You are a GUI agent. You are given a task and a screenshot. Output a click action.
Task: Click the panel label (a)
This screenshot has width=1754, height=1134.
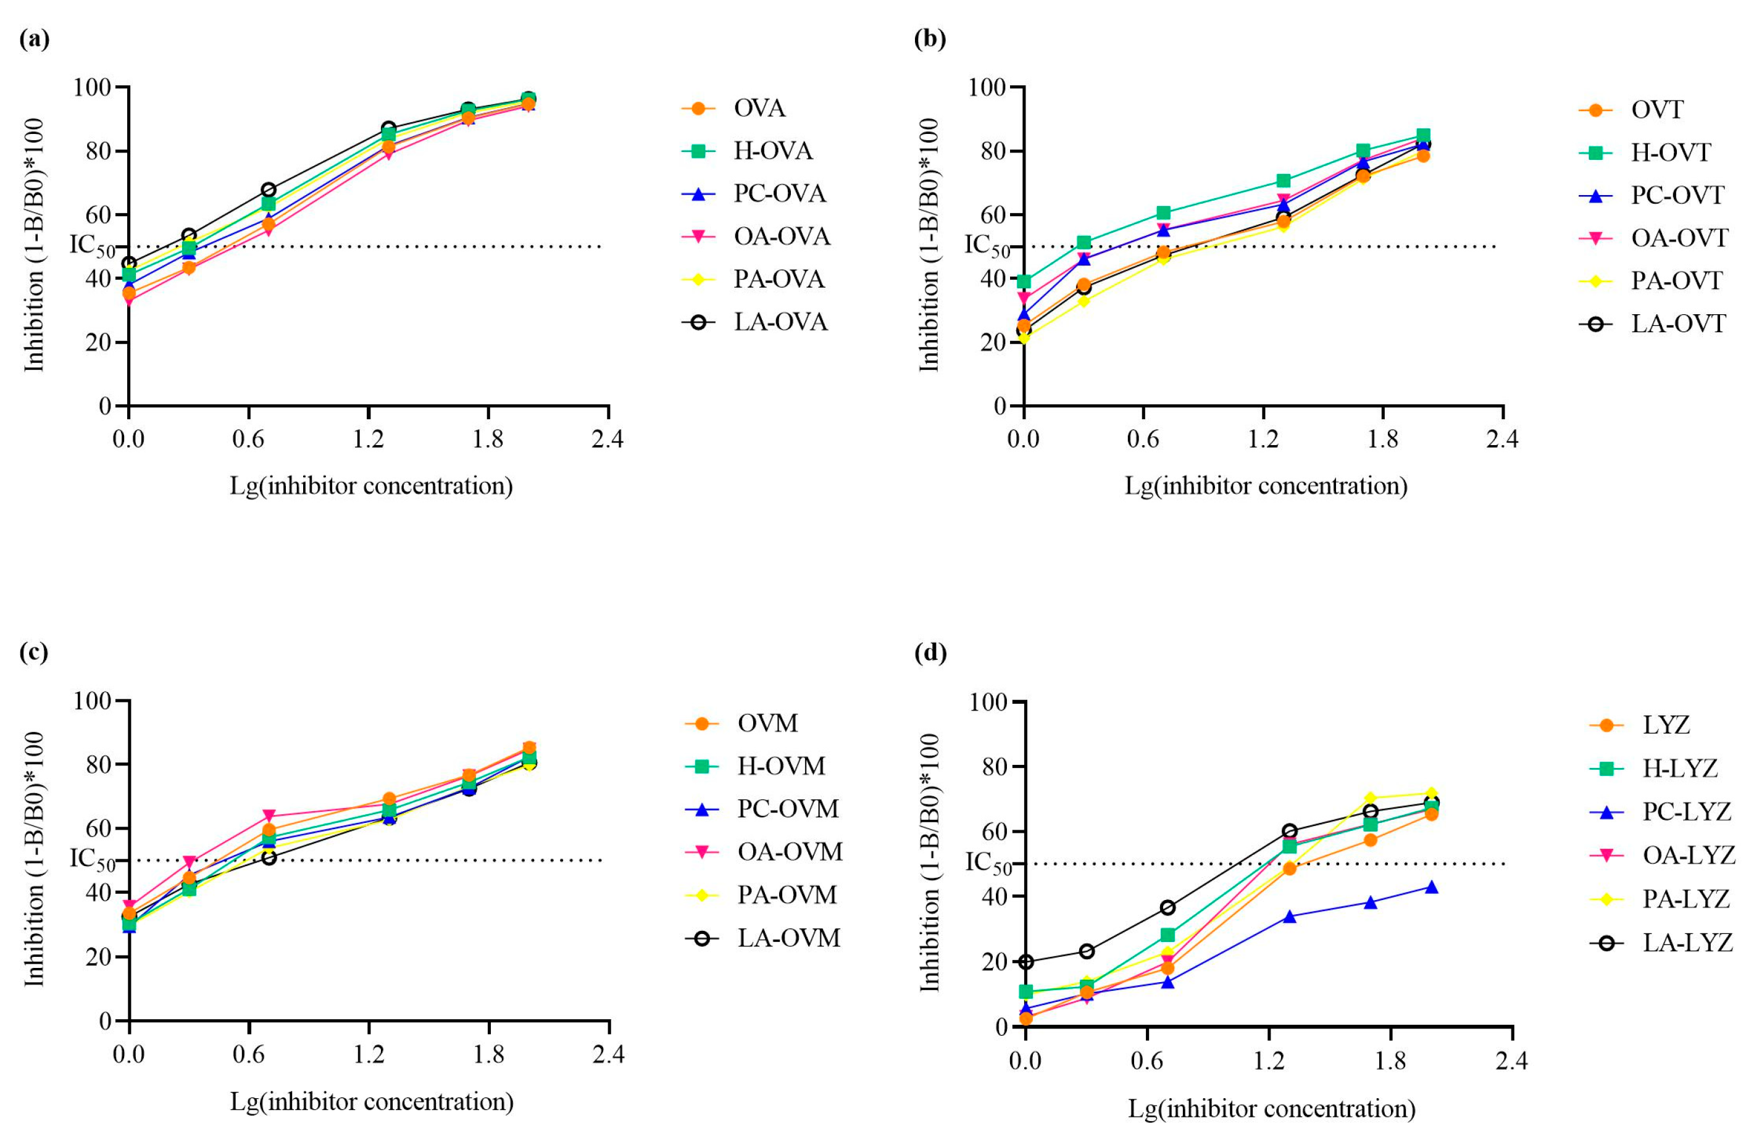point(35,38)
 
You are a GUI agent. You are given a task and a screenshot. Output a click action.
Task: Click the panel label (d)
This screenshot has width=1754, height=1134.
point(930,652)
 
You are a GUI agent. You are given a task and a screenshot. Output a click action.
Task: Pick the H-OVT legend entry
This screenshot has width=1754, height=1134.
point(1670,152)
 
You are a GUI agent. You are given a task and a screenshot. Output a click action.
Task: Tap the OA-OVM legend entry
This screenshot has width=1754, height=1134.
point(790,851)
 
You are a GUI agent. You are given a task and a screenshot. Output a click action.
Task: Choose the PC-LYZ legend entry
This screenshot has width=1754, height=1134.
point(1686,812)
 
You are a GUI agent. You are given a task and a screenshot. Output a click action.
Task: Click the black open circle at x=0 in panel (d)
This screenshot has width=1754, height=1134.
point(1025,962)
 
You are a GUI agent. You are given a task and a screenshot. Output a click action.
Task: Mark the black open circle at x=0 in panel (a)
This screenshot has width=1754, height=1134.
point(129,264)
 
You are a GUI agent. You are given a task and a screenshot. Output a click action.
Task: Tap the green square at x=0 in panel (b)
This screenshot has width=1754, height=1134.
point(1024,281)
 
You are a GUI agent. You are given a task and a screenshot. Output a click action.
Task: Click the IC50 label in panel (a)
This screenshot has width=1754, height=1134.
point(92,246)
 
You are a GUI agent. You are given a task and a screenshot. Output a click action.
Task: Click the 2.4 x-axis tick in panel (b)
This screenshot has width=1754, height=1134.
point(1501,440)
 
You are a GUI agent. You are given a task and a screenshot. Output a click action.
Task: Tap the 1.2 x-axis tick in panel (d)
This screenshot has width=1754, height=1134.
point(1268,1061)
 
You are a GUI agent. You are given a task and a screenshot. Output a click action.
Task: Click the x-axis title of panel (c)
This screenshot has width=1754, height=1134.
point(372,1102)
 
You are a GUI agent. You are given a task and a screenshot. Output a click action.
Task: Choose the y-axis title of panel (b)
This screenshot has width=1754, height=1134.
point(929,244)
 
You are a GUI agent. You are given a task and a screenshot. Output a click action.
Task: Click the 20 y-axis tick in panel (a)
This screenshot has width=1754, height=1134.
point(98,343)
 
